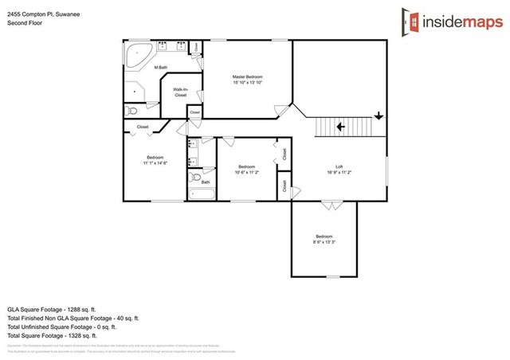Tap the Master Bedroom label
(248, 76)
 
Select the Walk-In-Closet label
(181, 92)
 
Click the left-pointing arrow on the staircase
(340, 126)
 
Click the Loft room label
(339, 166)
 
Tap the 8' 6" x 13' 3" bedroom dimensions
(324, 243)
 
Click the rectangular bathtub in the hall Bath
(199, 192)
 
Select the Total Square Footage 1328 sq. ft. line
(62, 335)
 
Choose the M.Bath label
(161, 67)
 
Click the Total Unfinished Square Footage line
(62, 326)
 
